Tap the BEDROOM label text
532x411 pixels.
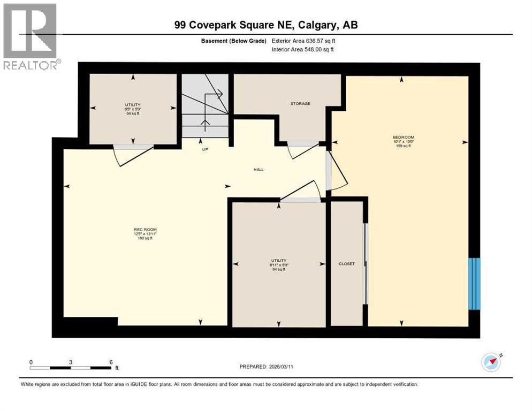coord(403,138)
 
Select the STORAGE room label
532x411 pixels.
coord(300,103)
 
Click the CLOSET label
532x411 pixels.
coord(347,264)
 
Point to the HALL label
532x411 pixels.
coord(259,170)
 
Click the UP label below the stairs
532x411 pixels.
coord(204,149)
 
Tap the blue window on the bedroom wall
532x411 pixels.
coord(474,284)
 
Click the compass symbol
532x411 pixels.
coord(491,362)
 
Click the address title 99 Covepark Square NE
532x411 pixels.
coord(266,25)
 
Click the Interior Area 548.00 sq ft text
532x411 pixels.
coord(302,49)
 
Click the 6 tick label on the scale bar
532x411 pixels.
coord(111,362)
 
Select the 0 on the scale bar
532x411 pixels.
coord(31,362)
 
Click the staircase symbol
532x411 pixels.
coord(205,107)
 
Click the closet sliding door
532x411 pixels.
coord(366,263)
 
